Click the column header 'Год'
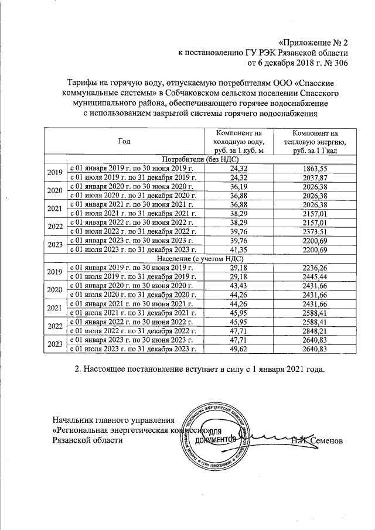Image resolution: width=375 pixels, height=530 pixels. [124, 142]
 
